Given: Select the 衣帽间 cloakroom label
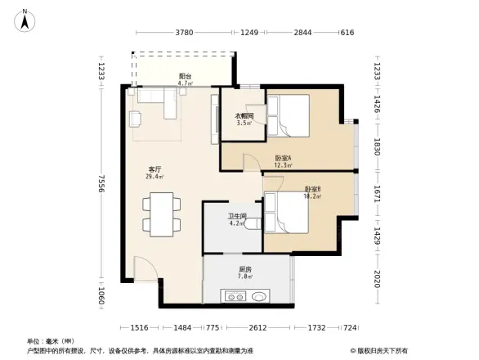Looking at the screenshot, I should (244, 119).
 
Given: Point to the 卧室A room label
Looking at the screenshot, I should (283, 160).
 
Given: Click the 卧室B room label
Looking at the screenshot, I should (312, 191).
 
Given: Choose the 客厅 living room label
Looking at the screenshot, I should (154, 172).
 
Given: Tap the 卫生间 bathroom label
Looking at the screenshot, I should (237, 218).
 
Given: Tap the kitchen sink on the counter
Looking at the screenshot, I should (259, 298).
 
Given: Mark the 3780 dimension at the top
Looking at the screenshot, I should (185, 33).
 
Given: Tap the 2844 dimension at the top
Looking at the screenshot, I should (303, 33).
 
